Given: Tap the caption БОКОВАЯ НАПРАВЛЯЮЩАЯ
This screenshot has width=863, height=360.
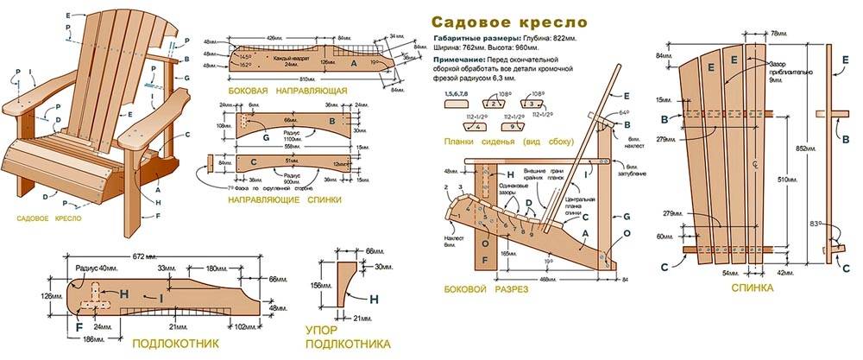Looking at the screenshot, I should [287, 90].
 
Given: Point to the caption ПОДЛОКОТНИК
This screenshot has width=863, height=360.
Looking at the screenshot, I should [174, 343].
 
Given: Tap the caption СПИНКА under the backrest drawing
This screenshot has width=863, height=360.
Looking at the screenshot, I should [750, 287].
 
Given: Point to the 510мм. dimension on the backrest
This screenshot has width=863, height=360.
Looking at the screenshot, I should [786, 180].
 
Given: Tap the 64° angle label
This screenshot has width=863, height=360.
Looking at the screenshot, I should [625, 112].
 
